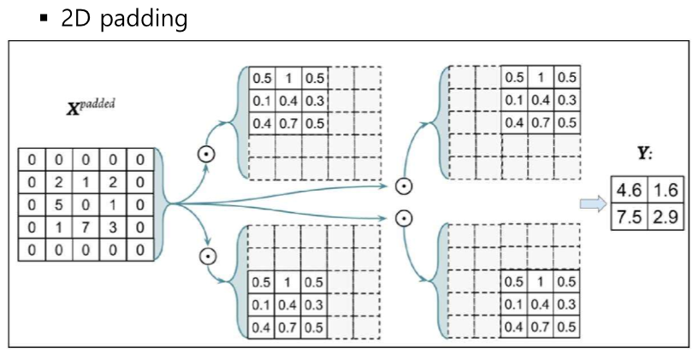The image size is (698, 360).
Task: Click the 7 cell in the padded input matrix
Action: [87, 227]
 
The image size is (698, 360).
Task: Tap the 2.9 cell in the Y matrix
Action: [665, 216]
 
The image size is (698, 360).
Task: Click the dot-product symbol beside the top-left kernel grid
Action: [206, 154]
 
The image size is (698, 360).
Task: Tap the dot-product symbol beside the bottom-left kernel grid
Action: [206, 255]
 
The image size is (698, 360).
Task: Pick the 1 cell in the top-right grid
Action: [541, 78]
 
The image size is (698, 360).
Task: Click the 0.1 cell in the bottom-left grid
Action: [261, 304]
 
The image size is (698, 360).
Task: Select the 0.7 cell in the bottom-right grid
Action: [541, 327]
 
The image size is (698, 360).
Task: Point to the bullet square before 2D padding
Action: [43, 18]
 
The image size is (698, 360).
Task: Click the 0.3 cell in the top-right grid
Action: [566, 100]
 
